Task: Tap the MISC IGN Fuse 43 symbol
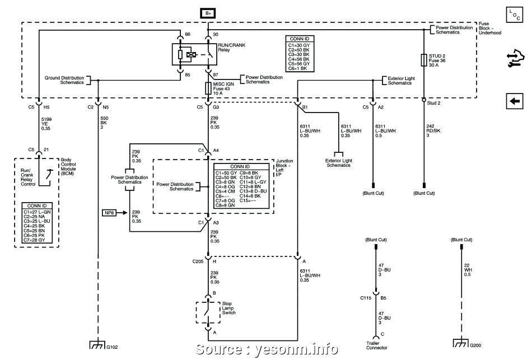[208, 88]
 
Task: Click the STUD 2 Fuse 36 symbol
[424, 60]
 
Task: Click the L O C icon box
[514, 15]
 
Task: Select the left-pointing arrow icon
[514, 101]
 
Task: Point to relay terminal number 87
[216, 74]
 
